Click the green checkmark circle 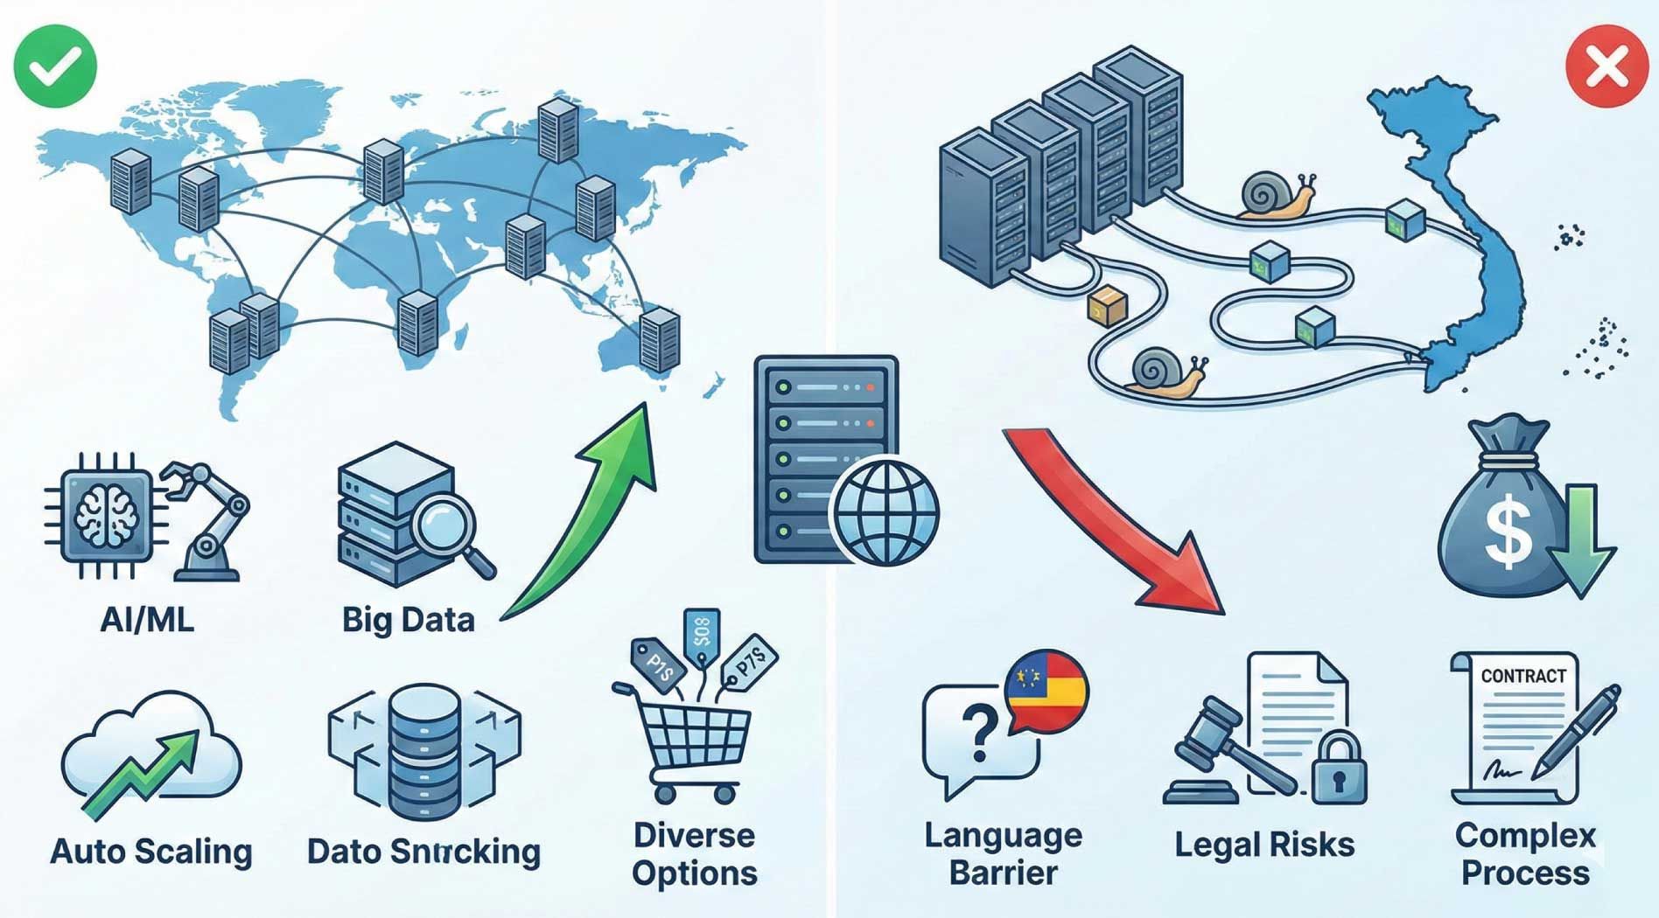pos(55,66)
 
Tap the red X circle pos(1606,66)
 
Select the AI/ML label pos(147,620)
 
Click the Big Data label pos(409,620)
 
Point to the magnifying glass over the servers pos(444,526)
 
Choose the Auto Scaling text pos(151,852)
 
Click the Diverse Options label pos(695,854)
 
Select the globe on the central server pos(885,511)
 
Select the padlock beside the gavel pos(1339,769)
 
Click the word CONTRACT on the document pos(1523,676)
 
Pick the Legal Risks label pos(1264,845)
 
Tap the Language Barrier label pos(1004,854)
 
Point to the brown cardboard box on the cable pos(1107,306)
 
